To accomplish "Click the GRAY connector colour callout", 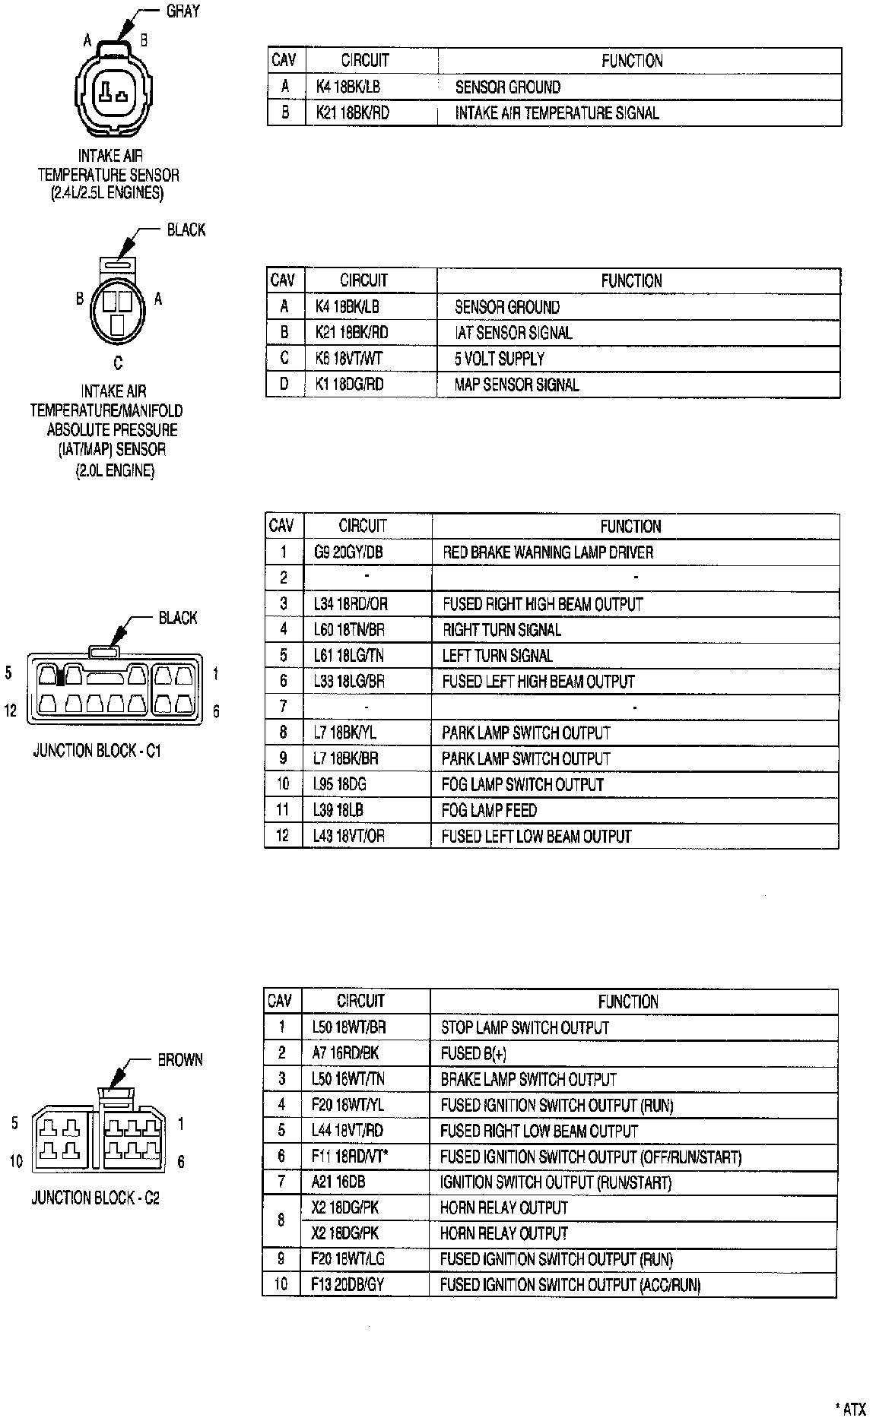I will coord(182,11).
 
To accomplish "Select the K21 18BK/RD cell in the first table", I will coord(352,113).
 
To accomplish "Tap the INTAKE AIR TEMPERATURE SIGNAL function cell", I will coord(557,113).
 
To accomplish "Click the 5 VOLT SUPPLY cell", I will coord(500,358).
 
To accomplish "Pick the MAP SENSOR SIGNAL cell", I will coord(516,384).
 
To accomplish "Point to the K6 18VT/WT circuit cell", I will coord(348,358).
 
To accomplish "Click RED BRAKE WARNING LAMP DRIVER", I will coord(547,552).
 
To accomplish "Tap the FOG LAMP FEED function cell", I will coord(489,810).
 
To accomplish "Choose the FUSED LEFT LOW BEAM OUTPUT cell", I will coord(536,836).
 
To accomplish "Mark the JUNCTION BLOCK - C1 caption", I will coord(97,751).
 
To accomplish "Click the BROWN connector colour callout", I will coord(180,1059).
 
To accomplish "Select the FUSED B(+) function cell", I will coord(473,1053).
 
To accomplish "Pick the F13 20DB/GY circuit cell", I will coord(347,1285).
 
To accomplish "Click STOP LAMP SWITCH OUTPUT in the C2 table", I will coord(525,1027).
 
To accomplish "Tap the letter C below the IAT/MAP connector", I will coord(117,363).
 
